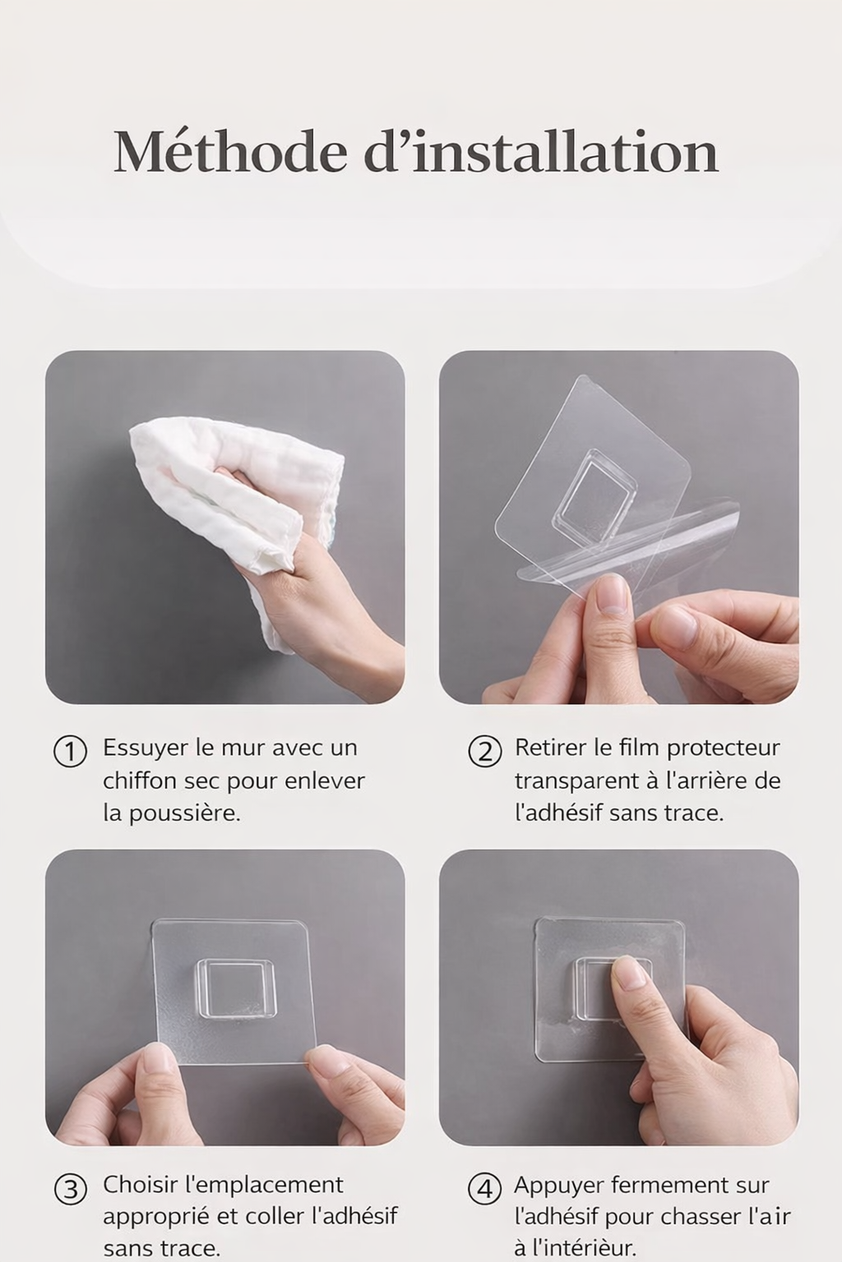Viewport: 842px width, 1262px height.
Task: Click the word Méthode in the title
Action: pos(229,151)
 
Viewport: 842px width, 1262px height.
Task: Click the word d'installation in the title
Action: pos(541,151)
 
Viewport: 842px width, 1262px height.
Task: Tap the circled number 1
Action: pos(70,753)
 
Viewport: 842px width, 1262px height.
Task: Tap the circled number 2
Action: pos(485,753)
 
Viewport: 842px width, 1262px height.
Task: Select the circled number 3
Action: pos(70,1190)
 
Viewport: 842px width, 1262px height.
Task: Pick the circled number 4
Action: pos(485,1190)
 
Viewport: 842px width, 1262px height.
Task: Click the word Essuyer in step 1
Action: pos(146,749)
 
